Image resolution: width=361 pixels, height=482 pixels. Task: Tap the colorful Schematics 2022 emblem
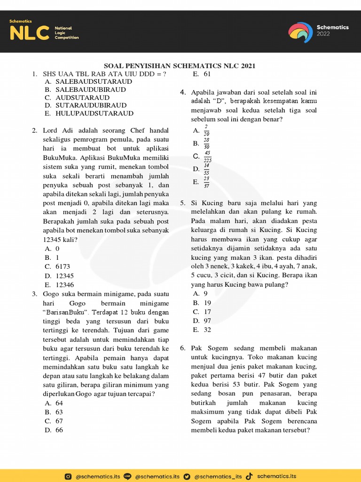click(x=300, y=32)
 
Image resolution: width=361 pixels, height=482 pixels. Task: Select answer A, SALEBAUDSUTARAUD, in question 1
click(x=94, y=81)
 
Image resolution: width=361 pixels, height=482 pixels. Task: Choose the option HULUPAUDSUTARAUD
click(x=94, y=113)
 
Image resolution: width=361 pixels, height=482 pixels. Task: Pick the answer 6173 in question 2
click(x=63, y=266)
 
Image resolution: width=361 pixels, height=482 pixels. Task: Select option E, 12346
click(x=64, y=285)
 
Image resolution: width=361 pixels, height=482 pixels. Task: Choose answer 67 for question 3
click(x=59, y=421)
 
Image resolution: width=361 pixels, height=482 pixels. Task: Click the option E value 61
click(x=207, y=74)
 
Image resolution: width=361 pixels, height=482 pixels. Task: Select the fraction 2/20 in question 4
click(x=207, y=130)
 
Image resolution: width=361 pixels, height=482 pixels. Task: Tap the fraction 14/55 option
click(x=207, y=169)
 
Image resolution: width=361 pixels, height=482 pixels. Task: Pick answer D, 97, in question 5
click(x=207, y=321)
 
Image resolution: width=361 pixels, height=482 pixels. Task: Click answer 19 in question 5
click(x=207, y=303)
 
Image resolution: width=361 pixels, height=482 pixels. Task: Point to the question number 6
click(x=182, y=348)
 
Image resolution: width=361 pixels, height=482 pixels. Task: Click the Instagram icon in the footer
click(x=69, y=476)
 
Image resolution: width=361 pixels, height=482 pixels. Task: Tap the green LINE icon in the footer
click(x=127, y=476)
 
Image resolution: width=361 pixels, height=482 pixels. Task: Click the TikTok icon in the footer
click(x=249, y=476)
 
